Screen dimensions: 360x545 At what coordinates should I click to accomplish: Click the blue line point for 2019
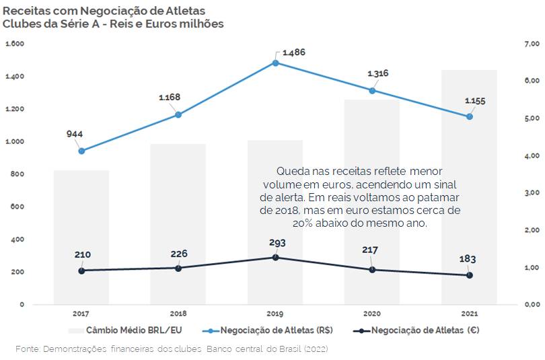coord(276,63)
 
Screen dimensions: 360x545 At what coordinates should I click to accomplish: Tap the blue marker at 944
coord(81,151)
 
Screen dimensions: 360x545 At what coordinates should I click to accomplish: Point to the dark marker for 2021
coord(470,275)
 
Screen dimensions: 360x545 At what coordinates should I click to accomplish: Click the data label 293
coord(277,243)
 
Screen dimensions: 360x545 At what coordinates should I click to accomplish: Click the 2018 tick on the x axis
coord(178,314)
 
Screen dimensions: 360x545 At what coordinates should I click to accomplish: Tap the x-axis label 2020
coord(372,314)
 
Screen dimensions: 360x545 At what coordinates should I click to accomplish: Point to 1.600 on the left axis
coord(15,44)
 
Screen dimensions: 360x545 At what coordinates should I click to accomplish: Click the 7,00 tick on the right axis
coord(532,44)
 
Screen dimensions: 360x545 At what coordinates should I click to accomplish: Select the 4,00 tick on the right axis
coord(532,155)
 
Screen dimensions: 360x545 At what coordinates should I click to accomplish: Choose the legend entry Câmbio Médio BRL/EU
coord(125,330)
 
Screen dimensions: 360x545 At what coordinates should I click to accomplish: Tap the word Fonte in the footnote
coord(28,349)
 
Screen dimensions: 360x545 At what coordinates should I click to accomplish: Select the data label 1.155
coord(475,101)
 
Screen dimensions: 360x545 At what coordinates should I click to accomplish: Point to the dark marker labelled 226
coord(178,268)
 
